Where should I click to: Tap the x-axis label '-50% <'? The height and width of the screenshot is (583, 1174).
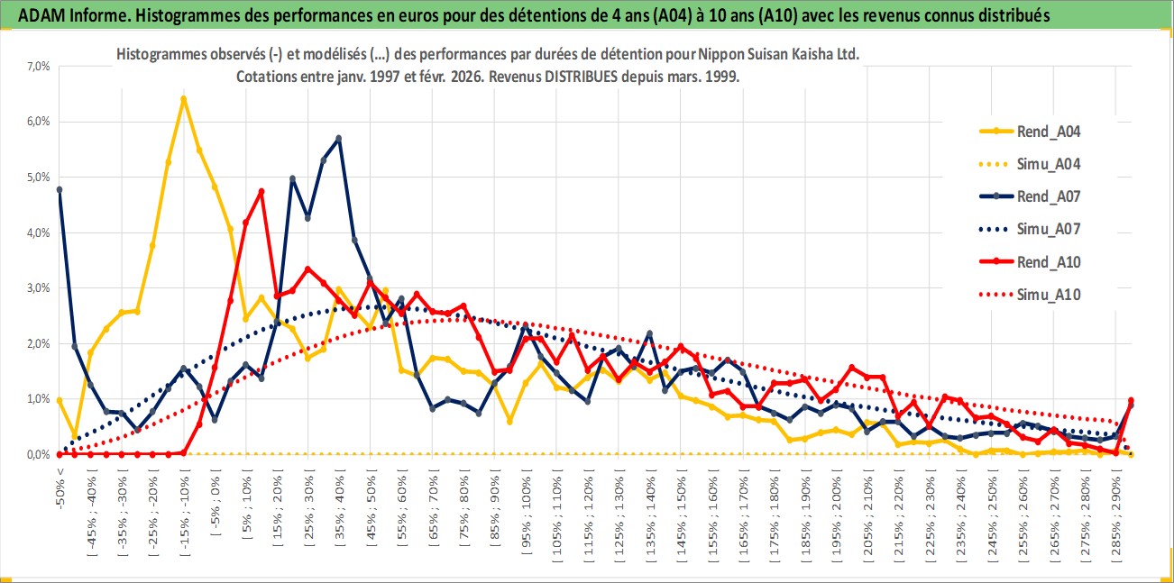pyautogui.click(x=60, y=487)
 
